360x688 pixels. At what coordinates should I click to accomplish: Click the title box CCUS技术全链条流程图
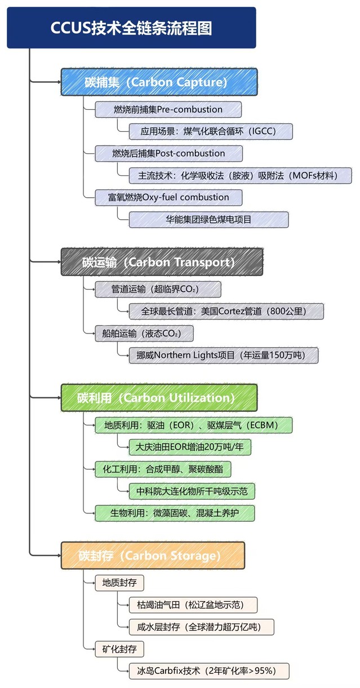coord(131,28)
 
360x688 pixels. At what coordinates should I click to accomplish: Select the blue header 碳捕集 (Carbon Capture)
coord(159,82)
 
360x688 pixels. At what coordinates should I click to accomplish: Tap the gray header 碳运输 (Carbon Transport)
coord(162,262)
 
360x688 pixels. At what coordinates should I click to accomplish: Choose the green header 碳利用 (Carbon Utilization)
coord(159,398)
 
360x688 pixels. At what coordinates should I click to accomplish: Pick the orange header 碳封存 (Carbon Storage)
coord(153,556)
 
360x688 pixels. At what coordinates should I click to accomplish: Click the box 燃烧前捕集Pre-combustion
coord(168,109)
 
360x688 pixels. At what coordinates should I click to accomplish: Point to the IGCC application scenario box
coord(210,131)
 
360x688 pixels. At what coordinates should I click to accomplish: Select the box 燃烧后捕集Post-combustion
coord(168,153)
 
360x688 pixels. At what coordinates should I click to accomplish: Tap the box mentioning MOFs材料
coord(239,175)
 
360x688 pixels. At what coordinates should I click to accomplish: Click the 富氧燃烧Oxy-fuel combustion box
coord(168,197)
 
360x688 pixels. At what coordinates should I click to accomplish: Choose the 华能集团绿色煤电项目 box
coord(208,219)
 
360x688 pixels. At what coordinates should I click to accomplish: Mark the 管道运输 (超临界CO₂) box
coord(157,290)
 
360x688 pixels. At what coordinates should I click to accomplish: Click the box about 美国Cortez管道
coord(226,311)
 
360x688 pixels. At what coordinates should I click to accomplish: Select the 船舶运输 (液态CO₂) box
coord(144,334)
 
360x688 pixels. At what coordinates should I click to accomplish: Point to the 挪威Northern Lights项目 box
coord(223,356)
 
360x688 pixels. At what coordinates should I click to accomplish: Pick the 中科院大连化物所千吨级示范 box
coord(192,491)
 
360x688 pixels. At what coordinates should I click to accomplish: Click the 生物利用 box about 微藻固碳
coord(175,513)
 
